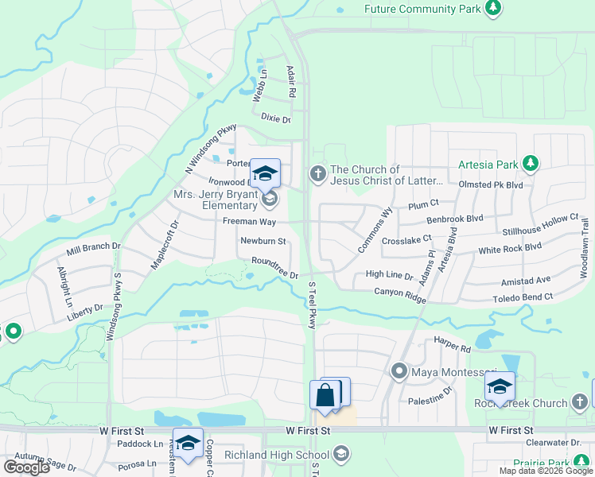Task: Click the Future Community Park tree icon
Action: (494, 8)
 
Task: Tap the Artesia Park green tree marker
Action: (531, 165)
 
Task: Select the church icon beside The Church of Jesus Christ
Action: (318, 175)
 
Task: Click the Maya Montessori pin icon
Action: (399, 371)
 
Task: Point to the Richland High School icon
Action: (341, 455)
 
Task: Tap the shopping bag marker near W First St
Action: (325, 394)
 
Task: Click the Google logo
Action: (26, 467)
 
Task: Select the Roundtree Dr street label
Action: (274, 267)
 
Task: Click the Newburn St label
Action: (262, 241)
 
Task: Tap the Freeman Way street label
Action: (249, 221)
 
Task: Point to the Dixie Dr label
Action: (276, 119)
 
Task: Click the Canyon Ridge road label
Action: (400, 293)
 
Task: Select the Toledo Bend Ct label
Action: (521, 296)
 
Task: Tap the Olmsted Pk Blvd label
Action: (491, 184)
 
